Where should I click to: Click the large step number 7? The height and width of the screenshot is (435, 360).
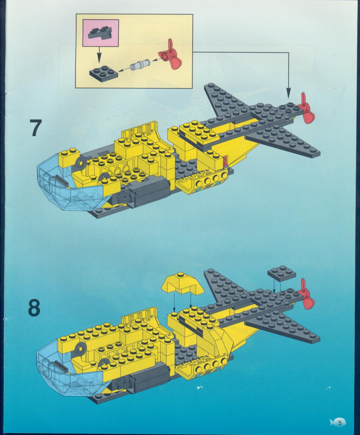34,128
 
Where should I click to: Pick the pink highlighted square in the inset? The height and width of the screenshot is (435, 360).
101,33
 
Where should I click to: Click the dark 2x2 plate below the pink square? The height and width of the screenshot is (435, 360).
104,73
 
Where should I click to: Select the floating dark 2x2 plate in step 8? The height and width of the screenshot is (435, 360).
282,273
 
